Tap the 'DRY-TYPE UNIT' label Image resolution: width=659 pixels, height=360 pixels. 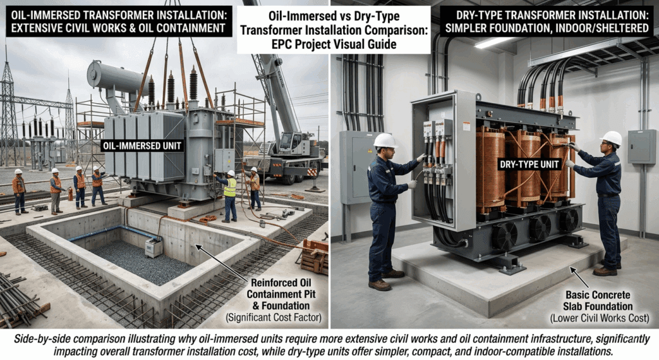pos(530,164)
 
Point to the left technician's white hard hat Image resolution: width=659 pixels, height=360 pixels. pos(385,140)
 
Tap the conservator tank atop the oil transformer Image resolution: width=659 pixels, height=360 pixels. pos(116,75)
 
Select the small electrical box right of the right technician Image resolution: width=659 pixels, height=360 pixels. pos(642,146)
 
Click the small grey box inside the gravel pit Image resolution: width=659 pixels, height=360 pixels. pos(154,248)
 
